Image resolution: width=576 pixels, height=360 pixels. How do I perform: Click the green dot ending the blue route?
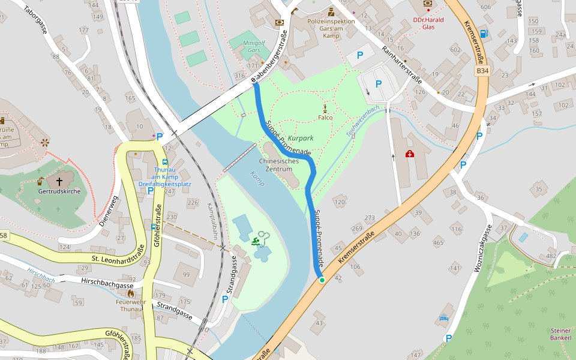point(322,280)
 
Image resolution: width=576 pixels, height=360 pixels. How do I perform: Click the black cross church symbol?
point(59,180)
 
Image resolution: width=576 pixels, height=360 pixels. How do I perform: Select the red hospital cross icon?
point(409,154)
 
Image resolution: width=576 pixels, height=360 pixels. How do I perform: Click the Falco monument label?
point(325,118)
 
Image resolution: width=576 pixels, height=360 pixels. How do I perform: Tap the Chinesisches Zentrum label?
point(278,165)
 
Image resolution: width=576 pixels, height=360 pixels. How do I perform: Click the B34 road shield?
point(482,71)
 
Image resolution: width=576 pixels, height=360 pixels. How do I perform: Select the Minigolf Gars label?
point(254,47)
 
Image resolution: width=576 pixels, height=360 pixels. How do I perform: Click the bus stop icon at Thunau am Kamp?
point(165,161)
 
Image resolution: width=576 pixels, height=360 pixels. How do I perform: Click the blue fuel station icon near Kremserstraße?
point(484,34)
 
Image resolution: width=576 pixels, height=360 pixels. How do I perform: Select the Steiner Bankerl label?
point(560,334)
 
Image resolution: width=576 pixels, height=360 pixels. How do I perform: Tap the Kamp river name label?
point(257,179)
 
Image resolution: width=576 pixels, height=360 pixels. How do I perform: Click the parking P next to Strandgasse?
point(225,299)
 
